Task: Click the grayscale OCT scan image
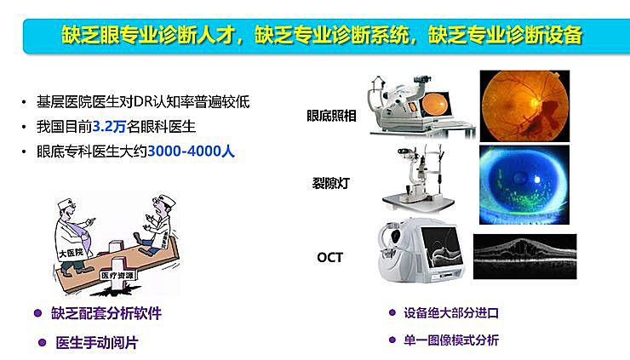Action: (524, 256)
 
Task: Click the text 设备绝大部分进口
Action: (451, 313)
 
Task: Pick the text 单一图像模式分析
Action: (451, 340)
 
